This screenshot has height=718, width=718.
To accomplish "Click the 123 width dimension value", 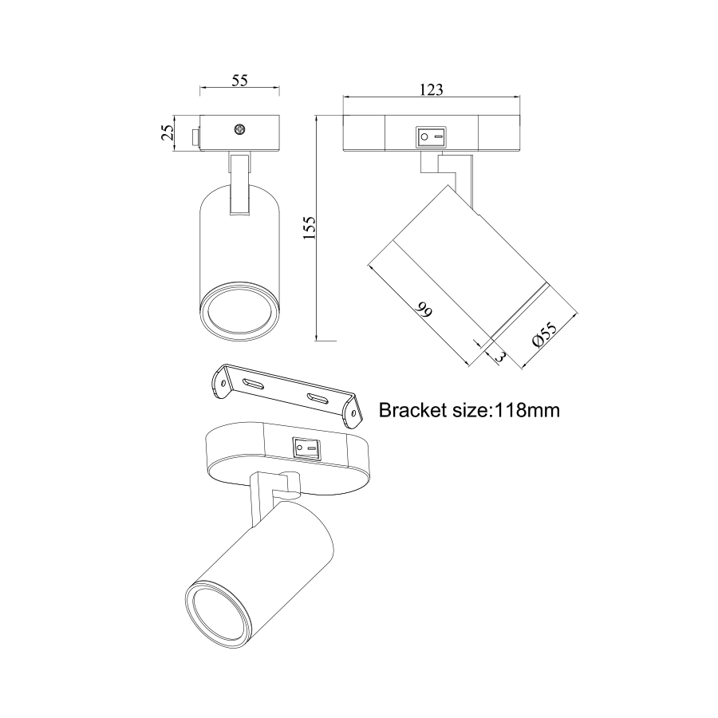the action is (x=432, y=89).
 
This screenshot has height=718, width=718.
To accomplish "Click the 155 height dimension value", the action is (x=310, y=227).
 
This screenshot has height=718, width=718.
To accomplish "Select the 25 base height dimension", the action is (x=168, y=132).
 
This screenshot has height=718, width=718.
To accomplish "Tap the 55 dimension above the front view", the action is (x=239, y=80).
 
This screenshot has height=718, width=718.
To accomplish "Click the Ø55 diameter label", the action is (x=545, y=335).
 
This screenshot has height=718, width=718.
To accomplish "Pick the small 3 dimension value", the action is (x=500, y=357).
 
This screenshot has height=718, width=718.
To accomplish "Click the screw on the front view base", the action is (x=239, y=129).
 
